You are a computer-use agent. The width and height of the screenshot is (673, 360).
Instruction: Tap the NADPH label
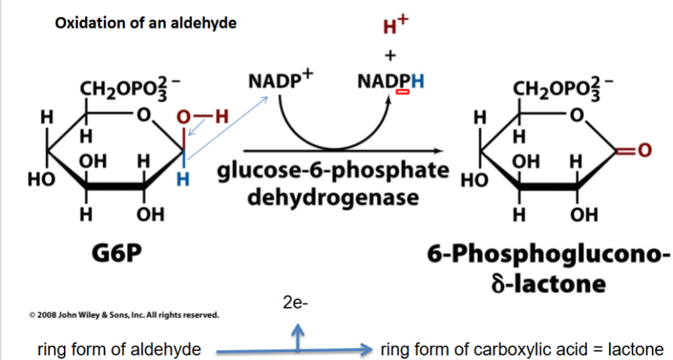click(391, 82)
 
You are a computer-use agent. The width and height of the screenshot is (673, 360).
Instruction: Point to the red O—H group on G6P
click(203, 118)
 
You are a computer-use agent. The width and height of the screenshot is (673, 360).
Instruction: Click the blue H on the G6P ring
click(181, 180)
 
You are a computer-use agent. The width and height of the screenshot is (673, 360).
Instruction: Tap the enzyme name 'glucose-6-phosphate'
click(332, 171)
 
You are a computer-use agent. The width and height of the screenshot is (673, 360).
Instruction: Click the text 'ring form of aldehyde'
click(119, 349)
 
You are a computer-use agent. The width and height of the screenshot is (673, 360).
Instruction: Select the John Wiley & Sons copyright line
click(123, 314)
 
